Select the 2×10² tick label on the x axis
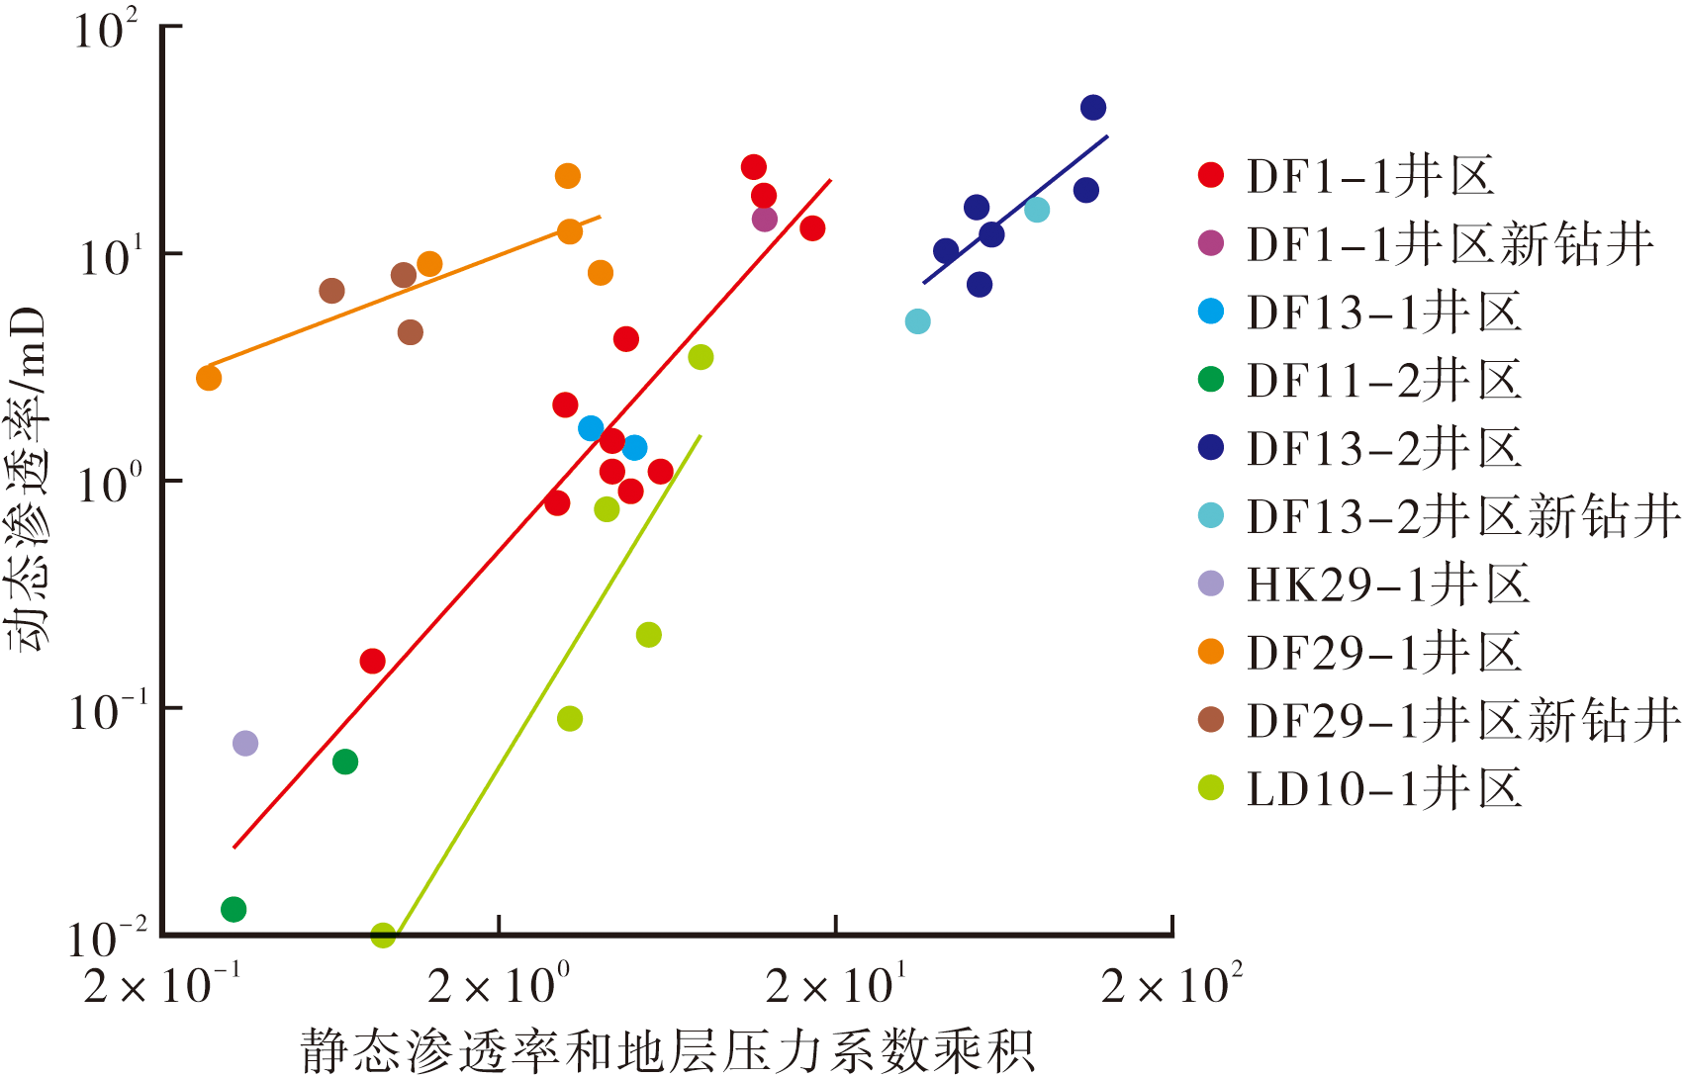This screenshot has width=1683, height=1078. click(1171, 983)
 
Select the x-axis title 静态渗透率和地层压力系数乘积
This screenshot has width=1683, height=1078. click(667, 1050)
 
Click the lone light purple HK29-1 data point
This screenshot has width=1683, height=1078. click(245, 743)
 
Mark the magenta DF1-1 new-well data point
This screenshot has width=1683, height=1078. click(765, 220)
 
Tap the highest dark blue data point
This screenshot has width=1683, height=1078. click(1093, 108)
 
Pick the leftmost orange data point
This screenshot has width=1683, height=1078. click(209, 378)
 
